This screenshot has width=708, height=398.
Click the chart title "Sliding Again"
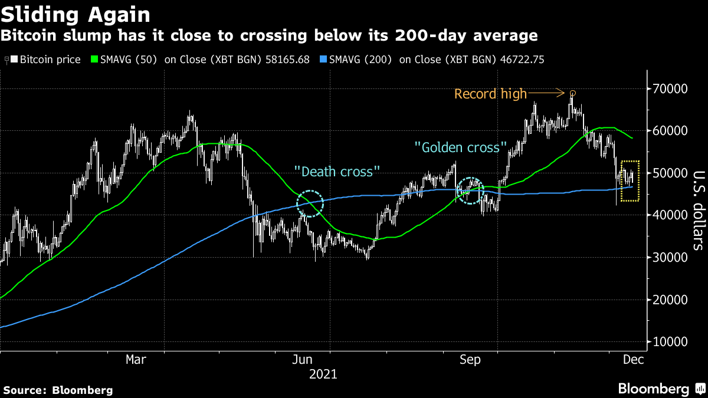point(75,14)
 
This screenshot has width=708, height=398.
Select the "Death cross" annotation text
point(337,172)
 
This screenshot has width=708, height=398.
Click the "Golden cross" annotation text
point(461,147)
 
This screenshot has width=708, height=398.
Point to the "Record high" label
point(490,94)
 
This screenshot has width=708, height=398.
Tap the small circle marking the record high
point(572,93)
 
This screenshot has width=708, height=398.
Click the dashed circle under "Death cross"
point(310,204)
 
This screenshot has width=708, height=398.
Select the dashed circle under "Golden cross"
point(471,190)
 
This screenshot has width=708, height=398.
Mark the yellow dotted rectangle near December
point(630,180)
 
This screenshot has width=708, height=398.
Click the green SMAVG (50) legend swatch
point(94,60)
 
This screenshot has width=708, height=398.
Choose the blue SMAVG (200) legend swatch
point(322,60)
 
